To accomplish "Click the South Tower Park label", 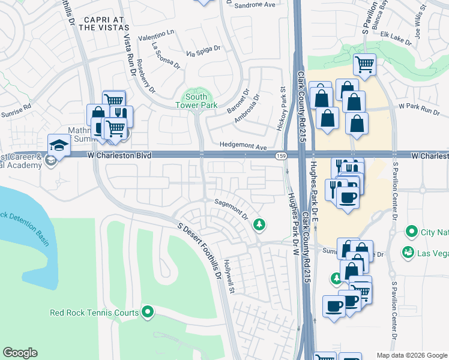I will (196, 101).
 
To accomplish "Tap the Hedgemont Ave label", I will (243, 146).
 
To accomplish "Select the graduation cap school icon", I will (59, 145).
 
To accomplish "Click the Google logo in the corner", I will (20, 353).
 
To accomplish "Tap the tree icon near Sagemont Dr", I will (260, 224).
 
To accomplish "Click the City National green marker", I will (411, 231).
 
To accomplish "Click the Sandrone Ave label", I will (254, 5).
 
